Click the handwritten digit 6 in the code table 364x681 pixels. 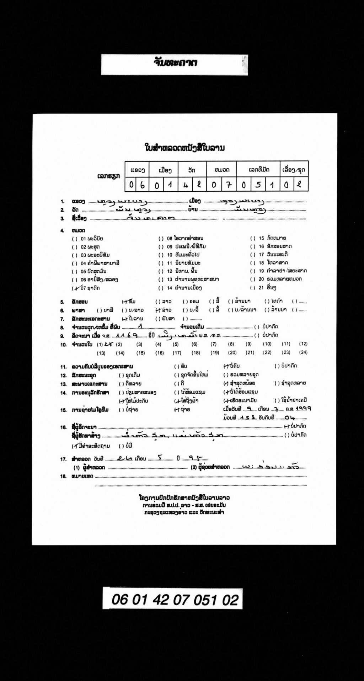click(x=143, y=185)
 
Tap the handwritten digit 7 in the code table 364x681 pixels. click(x=230, y=185)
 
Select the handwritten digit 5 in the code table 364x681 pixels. click(x=258, y=185)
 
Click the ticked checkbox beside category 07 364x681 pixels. click(x=75, y=288)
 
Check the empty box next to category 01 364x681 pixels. click(x=75, y=239)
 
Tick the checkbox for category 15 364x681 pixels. click(x=253, y=238)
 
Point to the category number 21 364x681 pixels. click(x=261, y=287)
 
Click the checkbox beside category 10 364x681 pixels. click(x=161, y=255)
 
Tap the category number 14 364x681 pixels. click(x=170, y=288)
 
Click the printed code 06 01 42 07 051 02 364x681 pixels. click(x=175, y=600)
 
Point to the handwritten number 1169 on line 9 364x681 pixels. click(x=125, y=335)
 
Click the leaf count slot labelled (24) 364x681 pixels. click(x=303, y=352)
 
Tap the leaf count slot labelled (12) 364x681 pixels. click(x=303, y=344)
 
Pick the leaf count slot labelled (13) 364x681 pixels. click(x=101, y=353)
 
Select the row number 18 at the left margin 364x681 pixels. click(x=63, y=476)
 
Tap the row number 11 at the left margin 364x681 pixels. click(x=63, y=366)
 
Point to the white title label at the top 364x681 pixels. click(x=175, y=64)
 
